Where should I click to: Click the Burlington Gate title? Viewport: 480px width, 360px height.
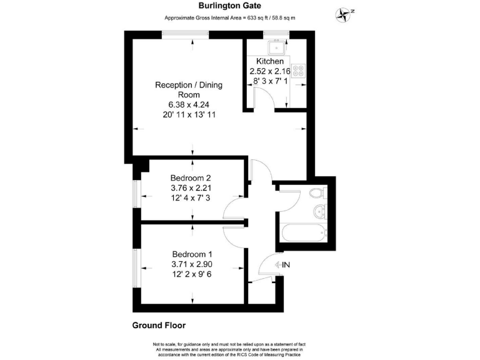[229, 6]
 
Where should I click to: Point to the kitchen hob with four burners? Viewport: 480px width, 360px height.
[298, 71]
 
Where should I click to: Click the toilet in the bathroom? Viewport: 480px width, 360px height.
[318, 192]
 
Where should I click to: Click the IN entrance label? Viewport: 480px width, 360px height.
[286, 266]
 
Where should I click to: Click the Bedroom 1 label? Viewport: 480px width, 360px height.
[192, 254]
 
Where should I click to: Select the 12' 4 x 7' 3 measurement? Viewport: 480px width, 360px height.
[191, 197]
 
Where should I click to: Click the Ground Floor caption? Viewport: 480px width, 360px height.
[159, 325]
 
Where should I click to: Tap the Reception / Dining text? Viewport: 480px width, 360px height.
[189, 85]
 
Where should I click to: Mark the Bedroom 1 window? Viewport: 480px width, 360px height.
[134, 267]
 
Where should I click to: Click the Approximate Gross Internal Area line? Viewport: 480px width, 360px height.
[229, 18]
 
